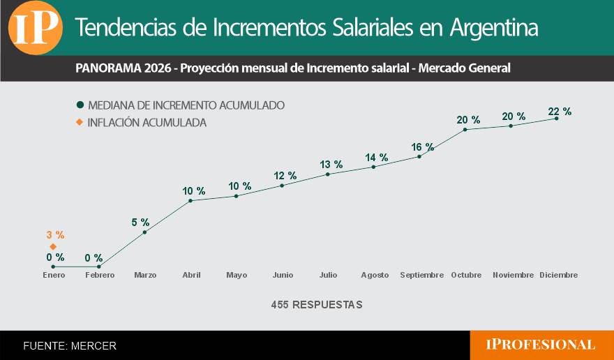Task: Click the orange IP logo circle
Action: pos(35,28)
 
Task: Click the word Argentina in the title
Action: pos(494,28)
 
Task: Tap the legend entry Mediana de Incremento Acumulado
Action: pos(186,105)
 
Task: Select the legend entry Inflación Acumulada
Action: pos(147,123)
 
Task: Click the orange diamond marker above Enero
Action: pos(53,246)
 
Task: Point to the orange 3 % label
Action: pos(55,235)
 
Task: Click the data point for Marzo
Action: pos(144,232)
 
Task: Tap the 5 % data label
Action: pos(140,222)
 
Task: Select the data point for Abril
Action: pos(190,201)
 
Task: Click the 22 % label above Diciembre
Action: pos(560,111)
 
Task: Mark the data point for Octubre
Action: pos(465,129)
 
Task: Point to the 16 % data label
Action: pos(422,147)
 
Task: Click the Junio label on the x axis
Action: pos(283,275)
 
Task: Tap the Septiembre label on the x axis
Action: pos(421,275)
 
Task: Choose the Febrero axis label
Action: pos(99,275)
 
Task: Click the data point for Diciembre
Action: pos(556,119)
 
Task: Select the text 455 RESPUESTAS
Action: pos(317,305)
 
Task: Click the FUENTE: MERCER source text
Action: pos(70,345)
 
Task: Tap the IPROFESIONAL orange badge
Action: pos(541,345)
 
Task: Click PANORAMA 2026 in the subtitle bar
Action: pos(126,68)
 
